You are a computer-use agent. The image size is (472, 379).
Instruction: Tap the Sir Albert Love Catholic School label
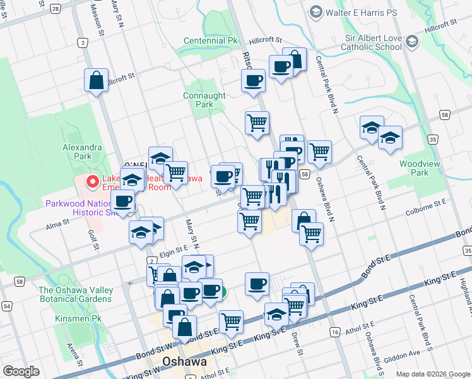(x=372, y=42)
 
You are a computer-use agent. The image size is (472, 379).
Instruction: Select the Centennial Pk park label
(x=211, y=40)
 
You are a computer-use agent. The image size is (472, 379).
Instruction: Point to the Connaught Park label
(x=204, y=100)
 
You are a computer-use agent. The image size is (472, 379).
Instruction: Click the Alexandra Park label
(x=82, y=151)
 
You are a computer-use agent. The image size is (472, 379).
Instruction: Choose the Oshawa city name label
(x=185, y=362)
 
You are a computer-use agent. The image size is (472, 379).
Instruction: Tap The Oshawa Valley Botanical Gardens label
(x=76, y=294)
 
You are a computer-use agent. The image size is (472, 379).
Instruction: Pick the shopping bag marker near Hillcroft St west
(x=96, y=80)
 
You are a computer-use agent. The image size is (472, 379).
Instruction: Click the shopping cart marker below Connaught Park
(x=257, y=123)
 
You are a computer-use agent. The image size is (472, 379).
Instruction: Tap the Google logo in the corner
(x=21, y=371)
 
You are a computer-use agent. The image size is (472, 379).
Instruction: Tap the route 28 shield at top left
(x=56, y=9)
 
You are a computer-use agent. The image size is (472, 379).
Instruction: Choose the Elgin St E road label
(x=174, y=252)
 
